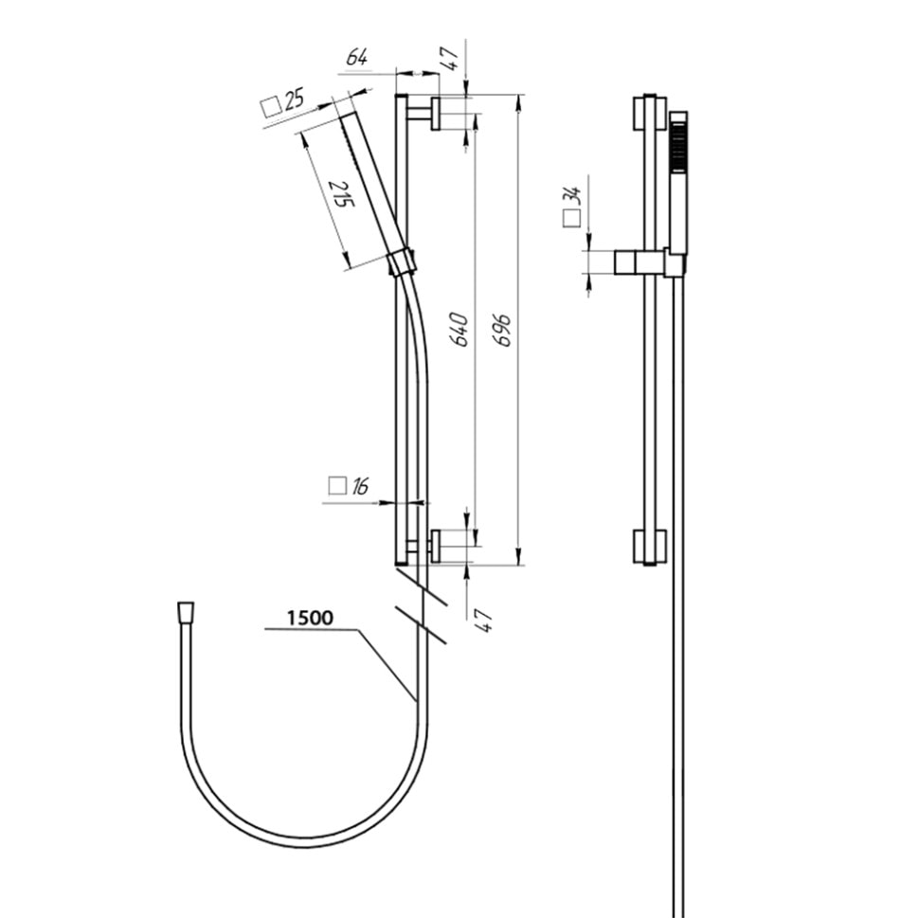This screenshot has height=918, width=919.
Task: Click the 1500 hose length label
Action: click(310, 618)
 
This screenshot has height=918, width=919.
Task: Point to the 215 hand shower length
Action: click(342, 193)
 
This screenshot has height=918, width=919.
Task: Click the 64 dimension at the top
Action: click(357, 58)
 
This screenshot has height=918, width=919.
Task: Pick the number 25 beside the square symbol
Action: click(295, 100)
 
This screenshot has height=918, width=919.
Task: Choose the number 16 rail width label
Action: click(360, 486)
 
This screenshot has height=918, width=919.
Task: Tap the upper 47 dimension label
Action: click(449, 59)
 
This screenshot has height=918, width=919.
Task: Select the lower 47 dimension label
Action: click(483, 621)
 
